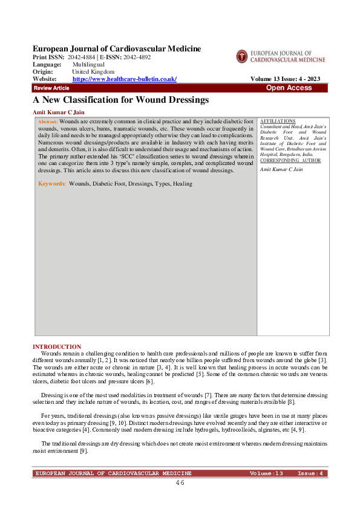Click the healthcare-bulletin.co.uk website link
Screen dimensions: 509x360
click(124, 79)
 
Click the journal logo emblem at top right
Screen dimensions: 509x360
click(243, 56)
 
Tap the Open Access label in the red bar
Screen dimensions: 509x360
click(289, 88)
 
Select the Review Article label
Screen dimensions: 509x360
click(51, 88)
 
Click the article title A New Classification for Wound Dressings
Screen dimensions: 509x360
click(120, 100)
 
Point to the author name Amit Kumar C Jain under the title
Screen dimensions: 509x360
click(58, 112)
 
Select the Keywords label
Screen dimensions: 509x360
click(51, 183)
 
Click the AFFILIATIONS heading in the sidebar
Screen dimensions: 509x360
click(277, 122)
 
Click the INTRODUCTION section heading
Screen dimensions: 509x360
click(56, 346)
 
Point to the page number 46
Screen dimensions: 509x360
click(180, 483)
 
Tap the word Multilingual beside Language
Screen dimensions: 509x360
click(88, 64)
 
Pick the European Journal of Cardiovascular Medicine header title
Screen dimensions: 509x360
click(117, 48)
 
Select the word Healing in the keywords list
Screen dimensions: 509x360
click(182, 183)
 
